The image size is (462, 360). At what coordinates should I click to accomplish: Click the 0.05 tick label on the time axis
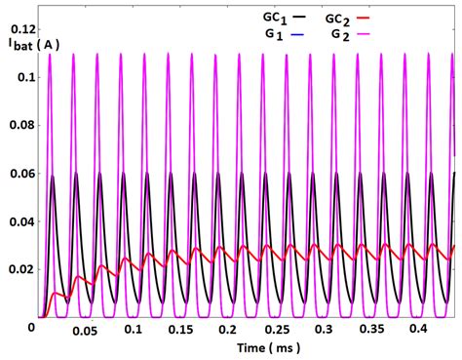(87, 332)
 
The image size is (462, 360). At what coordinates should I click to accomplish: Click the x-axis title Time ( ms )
(242, 349)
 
